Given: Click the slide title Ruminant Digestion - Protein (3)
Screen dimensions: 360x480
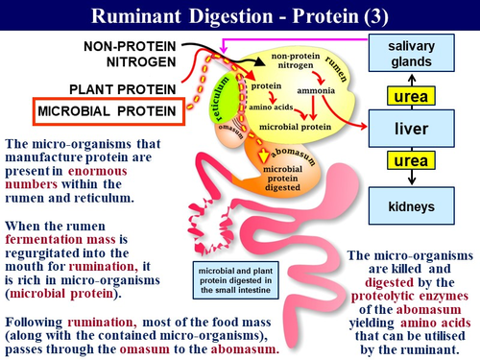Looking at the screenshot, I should click(x=240, y=15).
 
